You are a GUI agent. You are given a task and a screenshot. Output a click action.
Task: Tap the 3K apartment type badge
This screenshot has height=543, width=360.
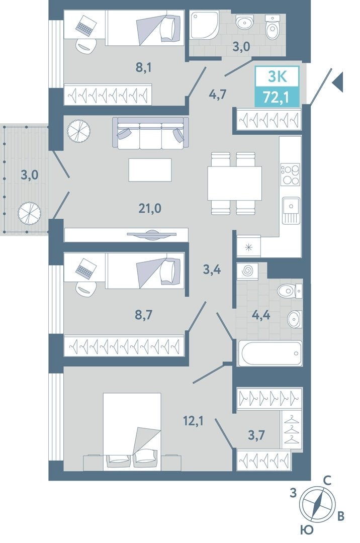point(277,76)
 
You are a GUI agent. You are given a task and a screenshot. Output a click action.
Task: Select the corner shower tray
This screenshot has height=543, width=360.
point(204,25)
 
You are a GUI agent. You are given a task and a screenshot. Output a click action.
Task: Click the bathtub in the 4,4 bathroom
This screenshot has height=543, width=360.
point(269,353)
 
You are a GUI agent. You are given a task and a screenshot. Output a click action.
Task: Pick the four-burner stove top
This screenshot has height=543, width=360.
point(290,175)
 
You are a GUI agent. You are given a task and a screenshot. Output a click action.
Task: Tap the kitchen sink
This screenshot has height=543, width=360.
point(291,210)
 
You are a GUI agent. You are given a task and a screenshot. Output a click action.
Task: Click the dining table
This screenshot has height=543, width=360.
point(234,183)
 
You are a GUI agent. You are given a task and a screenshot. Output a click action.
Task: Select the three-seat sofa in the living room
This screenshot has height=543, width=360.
point(149,133)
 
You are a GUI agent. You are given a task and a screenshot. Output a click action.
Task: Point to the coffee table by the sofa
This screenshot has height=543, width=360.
point(150,170)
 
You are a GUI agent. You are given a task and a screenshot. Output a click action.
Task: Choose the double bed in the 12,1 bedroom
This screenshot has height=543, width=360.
point(132,432)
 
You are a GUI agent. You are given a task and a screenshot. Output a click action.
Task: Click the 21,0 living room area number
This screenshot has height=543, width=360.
point(149,209)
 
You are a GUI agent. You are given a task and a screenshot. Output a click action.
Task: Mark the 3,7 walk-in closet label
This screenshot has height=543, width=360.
point(256,434)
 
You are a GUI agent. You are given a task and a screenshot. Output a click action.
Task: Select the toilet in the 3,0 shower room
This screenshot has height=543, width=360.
point(272,27)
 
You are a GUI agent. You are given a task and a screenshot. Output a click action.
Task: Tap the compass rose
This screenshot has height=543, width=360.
point(317,505)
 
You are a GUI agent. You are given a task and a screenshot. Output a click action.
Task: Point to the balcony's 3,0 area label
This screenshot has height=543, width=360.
point(30,175)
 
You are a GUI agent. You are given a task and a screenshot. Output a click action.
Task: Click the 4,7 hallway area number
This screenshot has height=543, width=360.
point(217,94)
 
